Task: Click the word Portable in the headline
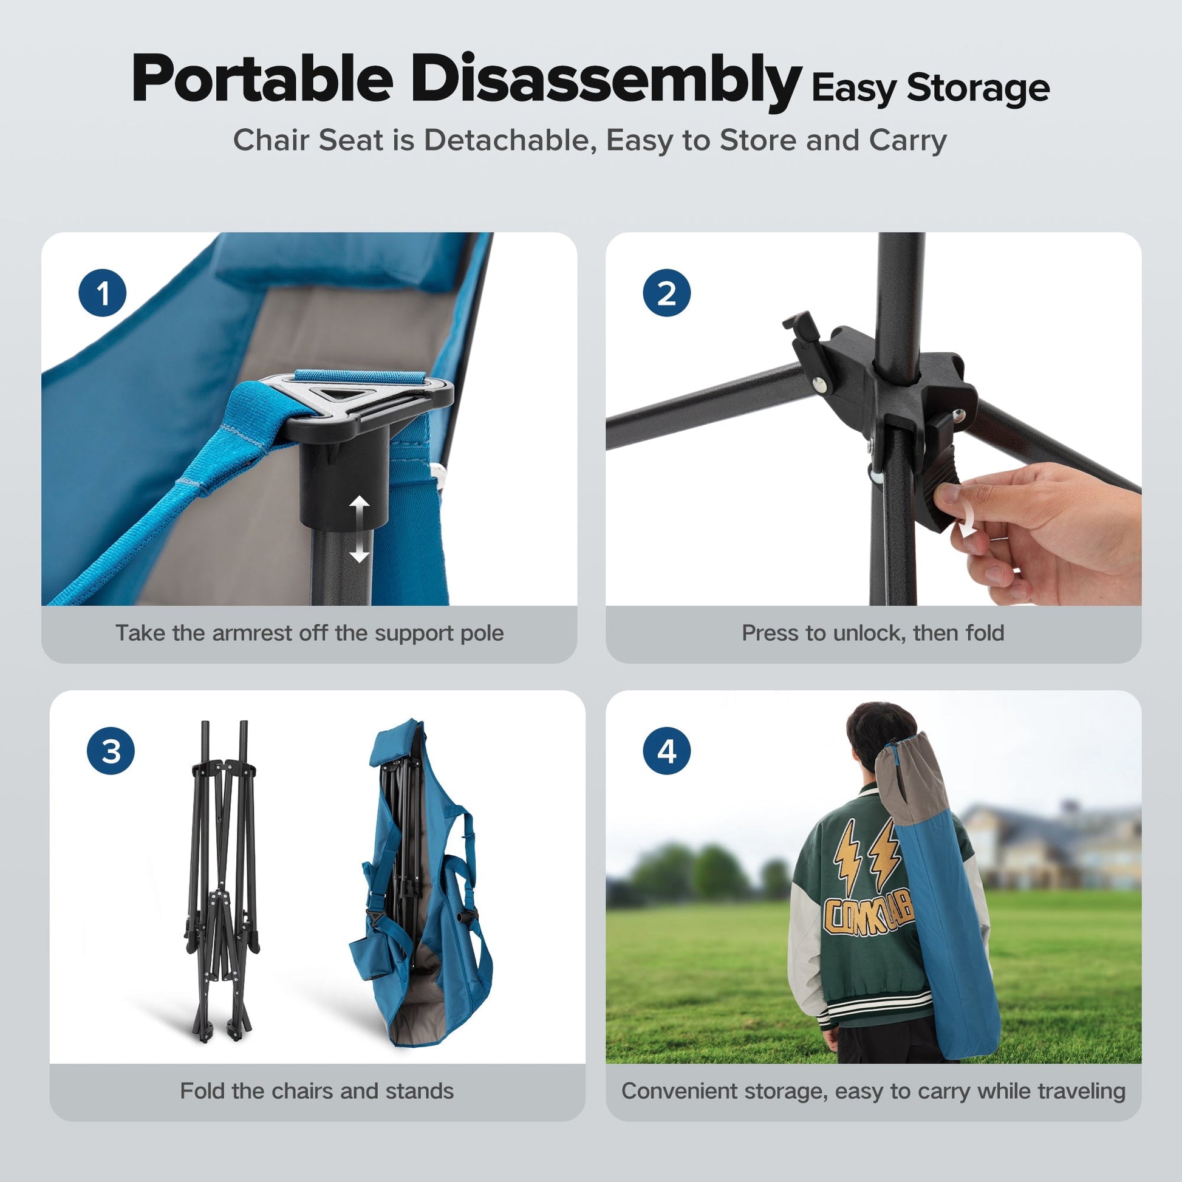(x=262, y=79)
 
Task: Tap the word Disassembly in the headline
(x=606, y=81)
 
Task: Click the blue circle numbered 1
(x=103, y=293)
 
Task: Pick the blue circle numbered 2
(x=667, y=293)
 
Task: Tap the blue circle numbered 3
(x=111, y=751)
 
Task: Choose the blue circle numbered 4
(x=667, y=751)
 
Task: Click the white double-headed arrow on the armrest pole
(x=360, y=530)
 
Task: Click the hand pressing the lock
(x=1040, y=532)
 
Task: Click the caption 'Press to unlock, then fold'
(x=873, y=633)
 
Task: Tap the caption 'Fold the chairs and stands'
(x=317, y=1091)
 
